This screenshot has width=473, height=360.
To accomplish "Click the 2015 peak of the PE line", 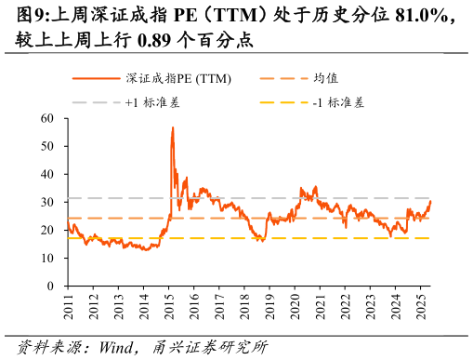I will point(173,127).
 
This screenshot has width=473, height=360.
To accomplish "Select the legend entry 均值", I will point(325,79).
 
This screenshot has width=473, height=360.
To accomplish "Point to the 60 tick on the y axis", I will point(47,118).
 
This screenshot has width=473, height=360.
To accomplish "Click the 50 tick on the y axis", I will point(47,146).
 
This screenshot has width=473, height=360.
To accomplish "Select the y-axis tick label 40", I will point(47,174).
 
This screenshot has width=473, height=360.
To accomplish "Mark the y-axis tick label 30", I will point(47,202).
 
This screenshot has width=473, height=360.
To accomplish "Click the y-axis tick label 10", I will point(47,258).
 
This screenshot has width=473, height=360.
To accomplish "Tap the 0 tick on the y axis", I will point(50,286).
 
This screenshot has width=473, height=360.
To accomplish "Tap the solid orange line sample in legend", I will point(96,79).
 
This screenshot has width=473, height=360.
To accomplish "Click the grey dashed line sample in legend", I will point(96,102).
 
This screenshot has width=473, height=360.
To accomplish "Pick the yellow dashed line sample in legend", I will point(282,102).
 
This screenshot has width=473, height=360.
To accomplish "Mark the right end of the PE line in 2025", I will point(430,201).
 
